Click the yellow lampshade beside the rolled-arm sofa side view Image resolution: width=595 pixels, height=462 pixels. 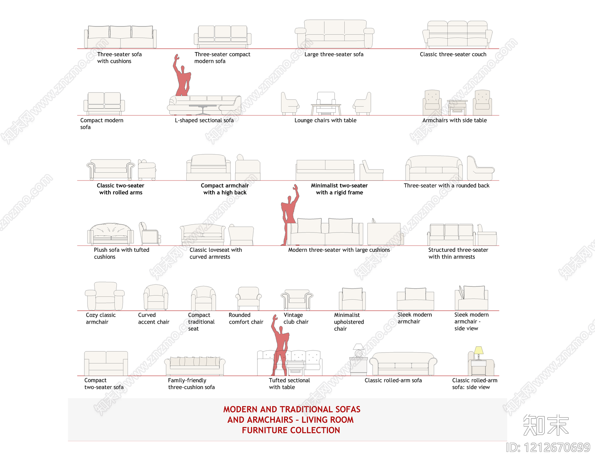[x=478, y=350]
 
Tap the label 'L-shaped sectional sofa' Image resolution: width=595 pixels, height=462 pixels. [x=204, y=120]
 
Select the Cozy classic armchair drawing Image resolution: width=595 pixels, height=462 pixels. [x=104, y=296]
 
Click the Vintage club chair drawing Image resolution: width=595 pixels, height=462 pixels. [x=297, y=300]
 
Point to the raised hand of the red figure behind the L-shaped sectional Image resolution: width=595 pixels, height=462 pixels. [x=177, y=58]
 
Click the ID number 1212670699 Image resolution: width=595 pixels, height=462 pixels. [x=556, y=447]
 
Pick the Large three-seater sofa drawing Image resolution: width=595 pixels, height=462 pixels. [x=334, y=34]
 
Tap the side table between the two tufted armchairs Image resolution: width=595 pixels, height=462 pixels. [x=457, y=108]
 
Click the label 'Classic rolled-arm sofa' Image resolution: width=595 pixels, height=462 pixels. [x=393, y=380]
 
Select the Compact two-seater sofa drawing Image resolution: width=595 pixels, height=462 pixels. [x=106, y=363]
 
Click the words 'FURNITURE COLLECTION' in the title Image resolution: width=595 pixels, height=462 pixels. [x=291, y=430]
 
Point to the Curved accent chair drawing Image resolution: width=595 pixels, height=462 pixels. [x=156, y=298]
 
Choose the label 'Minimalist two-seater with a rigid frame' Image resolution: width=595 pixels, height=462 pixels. [x=339, y=189]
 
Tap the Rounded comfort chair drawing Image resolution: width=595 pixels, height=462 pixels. [x=248, y=298]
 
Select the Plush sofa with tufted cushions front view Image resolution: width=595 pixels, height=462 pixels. [x=110, y=234]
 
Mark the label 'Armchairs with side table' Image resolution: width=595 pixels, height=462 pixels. [x=454, y=120]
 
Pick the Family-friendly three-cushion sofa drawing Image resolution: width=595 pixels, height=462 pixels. [x=195, y=366]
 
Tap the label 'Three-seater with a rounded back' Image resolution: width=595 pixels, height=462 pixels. [x=446, y=185]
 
